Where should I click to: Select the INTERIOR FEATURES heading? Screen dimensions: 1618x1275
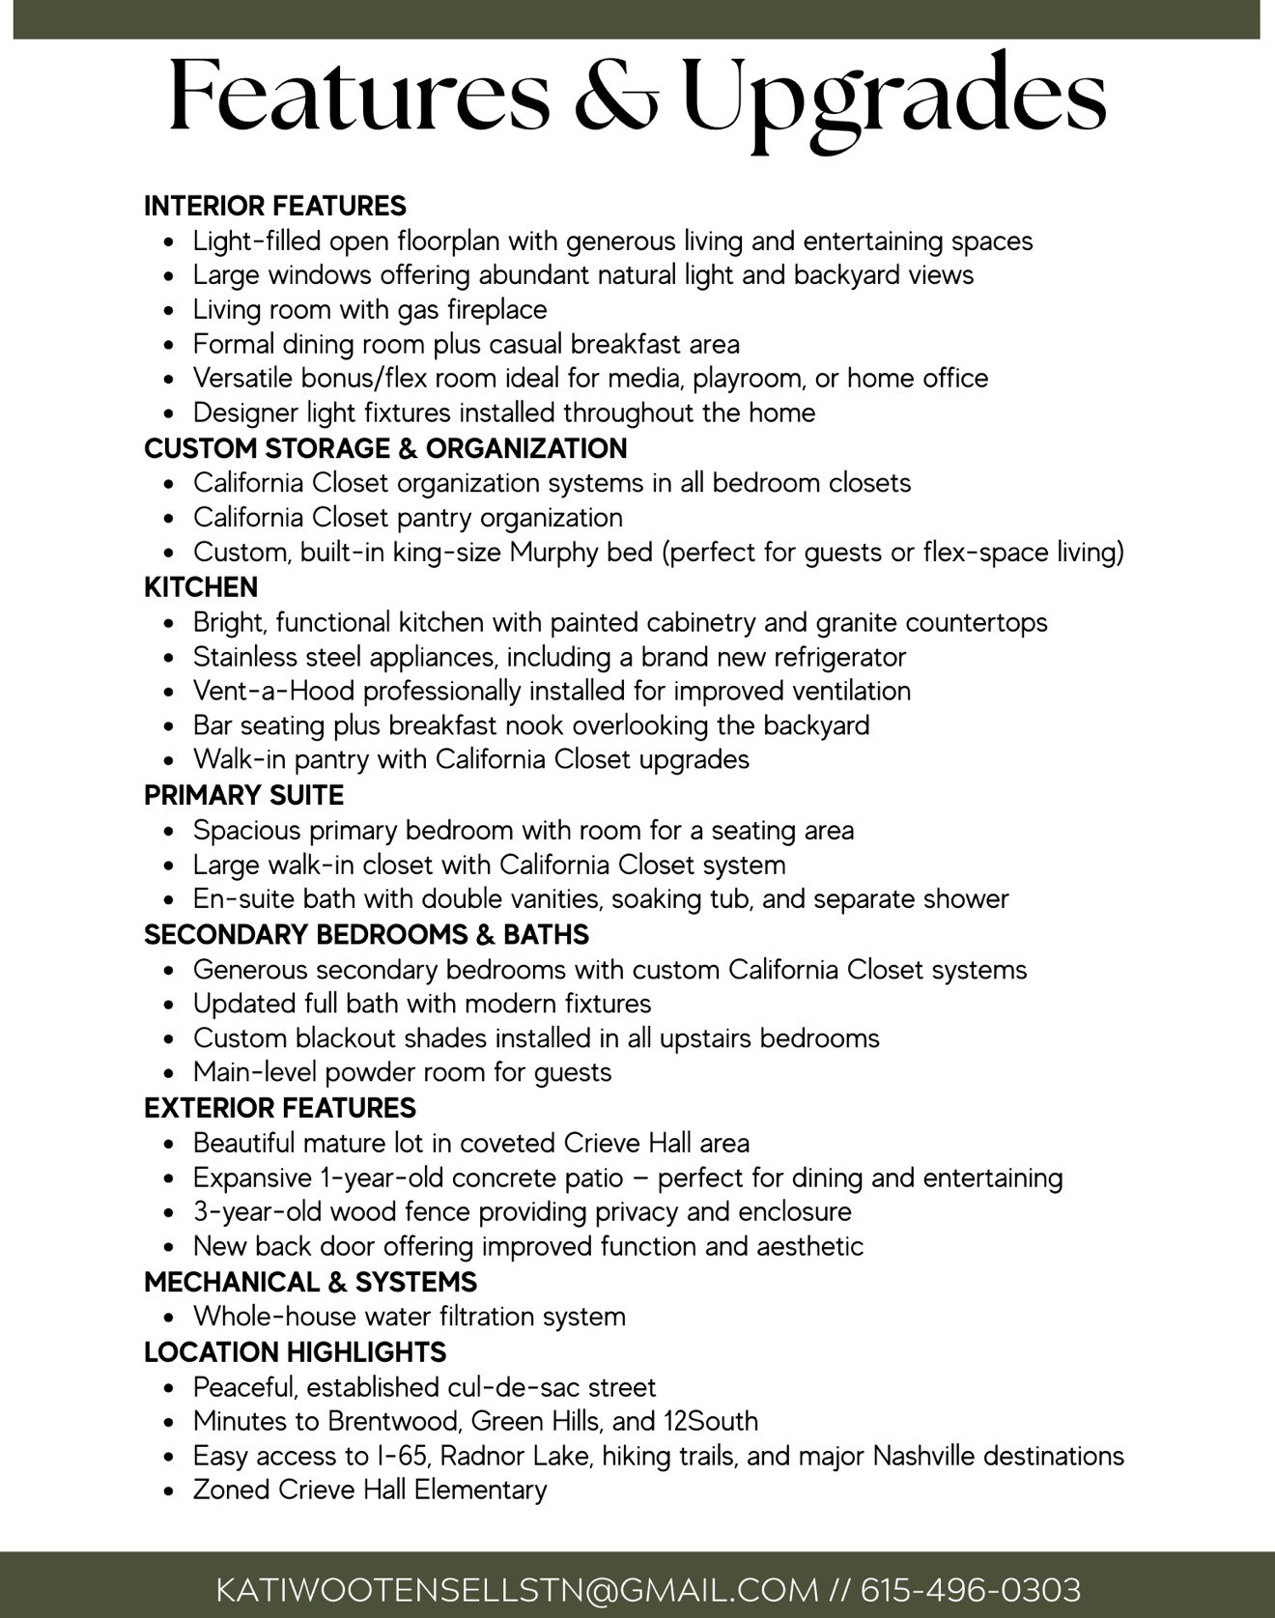(x=275, y=206)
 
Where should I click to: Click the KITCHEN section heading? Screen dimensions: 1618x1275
(x=201, y=587)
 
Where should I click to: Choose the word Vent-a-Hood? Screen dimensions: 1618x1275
(x=273, y=691)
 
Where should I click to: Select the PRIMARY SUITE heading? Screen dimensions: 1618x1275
(x=243, y=795)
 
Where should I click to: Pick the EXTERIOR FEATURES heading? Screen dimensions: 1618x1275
(x=280, y=1108)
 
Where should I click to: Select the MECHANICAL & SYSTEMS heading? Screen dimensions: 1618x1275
(x=310, y=1282)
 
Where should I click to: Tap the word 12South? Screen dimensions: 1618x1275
(x=710, y=1421)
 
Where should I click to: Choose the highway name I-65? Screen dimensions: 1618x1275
(x=396, y=1456)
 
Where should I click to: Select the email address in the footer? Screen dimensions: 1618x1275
(x=517, y=1590)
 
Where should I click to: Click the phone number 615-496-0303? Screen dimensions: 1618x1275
(x=970, y=1590)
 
